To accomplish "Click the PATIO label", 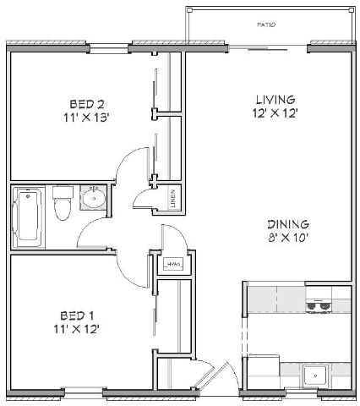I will tap(266, 25).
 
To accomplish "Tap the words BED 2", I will tap(86, 104).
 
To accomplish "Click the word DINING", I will tap(288, 224).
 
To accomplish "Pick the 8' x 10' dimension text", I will tap(288, 238).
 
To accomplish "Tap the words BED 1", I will tap(77, 314).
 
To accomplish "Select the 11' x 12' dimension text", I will tap(77, 328).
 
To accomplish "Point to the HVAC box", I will tap(176, 265).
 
